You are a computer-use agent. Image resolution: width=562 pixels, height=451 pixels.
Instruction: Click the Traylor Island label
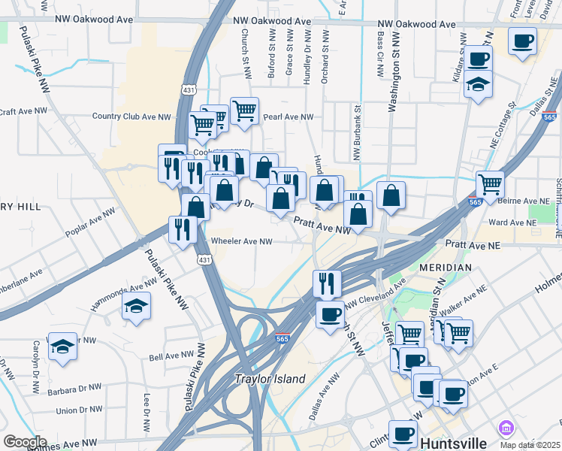(x=270, y=380)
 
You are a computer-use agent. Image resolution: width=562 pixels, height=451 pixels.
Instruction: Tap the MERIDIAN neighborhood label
(x=446, y=268)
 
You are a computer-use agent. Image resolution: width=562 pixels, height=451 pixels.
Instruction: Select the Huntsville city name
(x=458, y=442)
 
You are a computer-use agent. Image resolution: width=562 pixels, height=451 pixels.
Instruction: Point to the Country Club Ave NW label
(x=132, y=117)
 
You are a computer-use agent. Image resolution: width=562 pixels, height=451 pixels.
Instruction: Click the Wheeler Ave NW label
(x=241, y=241)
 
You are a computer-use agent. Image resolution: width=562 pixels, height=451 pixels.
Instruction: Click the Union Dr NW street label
(x=78, y=410)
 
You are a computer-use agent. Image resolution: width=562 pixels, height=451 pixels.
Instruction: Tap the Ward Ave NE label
(x=509, y=222)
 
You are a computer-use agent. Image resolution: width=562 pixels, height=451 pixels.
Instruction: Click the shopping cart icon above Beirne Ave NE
(x=490, y=183)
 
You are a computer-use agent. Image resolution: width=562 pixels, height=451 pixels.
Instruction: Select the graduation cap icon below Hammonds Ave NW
(x=136, y=305)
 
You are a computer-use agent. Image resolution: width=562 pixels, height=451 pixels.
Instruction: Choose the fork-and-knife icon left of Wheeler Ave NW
(x=183, y=229)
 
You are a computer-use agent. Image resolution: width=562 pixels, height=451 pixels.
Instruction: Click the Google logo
(x=25, y=442)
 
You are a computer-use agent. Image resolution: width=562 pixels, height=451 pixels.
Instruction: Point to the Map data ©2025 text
(x=530, y=445)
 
